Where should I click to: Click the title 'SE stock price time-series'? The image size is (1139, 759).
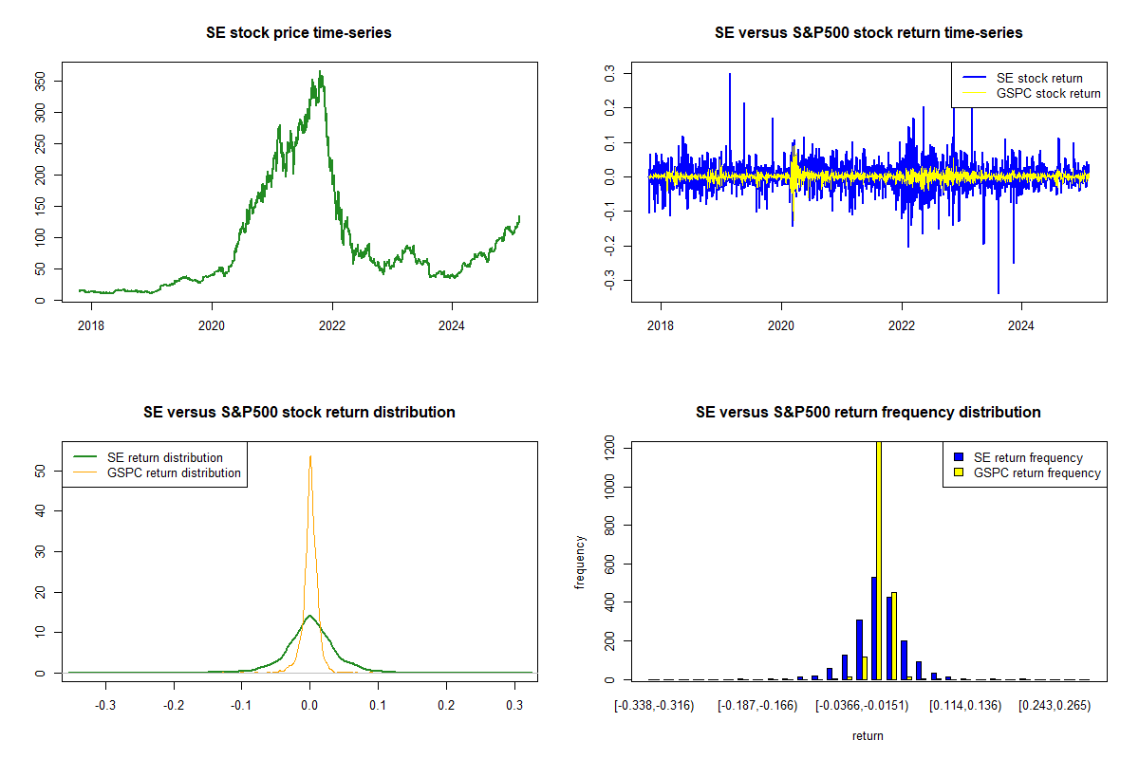click(298, 33)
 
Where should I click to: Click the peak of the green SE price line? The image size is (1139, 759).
click(321, 72)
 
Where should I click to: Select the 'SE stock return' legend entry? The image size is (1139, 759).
click(1038, 78)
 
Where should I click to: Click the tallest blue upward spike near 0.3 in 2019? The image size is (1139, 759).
click(730, 74)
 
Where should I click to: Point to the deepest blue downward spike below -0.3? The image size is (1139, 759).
click(999, 292)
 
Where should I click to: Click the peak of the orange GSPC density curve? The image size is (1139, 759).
click(309, 456)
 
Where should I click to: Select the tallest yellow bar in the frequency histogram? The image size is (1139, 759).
click(878, 560)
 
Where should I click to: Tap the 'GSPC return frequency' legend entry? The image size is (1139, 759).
click(1037, 472)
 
